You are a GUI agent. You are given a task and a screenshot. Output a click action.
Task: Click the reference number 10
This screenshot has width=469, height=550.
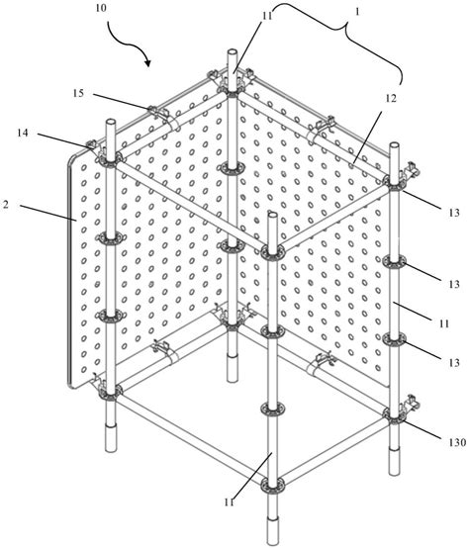(100, 8)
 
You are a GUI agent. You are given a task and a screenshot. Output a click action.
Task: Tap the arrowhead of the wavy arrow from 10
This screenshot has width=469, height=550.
(147, 62)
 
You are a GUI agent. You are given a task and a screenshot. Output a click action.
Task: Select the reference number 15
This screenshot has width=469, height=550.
(78, 93)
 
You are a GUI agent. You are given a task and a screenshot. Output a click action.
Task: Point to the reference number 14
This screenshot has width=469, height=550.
(23, 133)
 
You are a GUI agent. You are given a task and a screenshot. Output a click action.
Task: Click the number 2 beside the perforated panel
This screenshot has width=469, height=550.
(5, 205)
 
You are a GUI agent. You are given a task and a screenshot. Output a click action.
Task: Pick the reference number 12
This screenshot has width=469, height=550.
(391, 99)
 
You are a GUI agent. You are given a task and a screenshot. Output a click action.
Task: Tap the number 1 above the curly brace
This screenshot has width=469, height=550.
(357, 12)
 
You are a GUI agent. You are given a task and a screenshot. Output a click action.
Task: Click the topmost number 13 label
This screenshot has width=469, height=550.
(454, 213)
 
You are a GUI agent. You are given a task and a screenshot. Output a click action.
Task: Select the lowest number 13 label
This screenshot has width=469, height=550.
(454, 362)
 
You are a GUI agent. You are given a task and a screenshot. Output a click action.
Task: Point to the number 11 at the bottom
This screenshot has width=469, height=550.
(230, 503)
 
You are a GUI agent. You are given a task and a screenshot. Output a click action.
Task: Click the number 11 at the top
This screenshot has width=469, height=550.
(267, 17)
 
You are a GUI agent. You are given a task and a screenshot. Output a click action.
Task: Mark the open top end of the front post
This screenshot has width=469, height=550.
(272, 215)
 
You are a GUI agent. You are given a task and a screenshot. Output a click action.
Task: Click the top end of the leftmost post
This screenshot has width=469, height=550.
(110, 122)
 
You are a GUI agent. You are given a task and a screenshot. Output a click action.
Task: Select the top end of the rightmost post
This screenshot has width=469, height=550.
(394, 145)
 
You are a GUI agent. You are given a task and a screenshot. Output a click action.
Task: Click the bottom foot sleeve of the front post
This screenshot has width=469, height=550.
(272, 531)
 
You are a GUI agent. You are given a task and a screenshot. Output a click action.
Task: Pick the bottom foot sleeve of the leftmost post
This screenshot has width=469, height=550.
(111, 437)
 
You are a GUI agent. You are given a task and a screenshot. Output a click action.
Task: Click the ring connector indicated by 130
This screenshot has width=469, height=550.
(394, 416)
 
